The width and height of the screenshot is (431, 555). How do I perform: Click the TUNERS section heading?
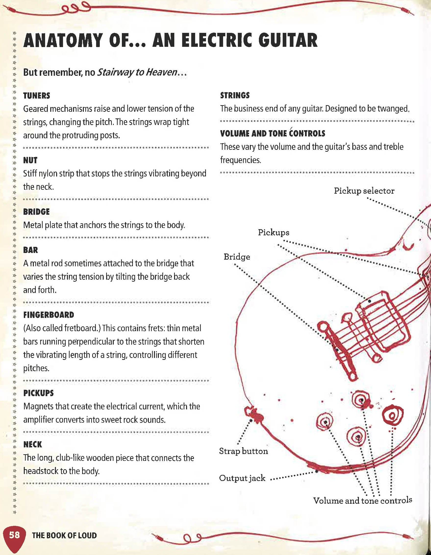(x=37, y=96)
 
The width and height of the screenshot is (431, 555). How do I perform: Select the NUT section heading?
(x=30, y=160)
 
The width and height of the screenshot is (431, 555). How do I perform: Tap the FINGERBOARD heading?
(x=49, y=315)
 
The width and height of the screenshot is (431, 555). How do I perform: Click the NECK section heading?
(x=33, y=444)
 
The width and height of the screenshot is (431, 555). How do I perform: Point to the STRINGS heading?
(x=235, y=96)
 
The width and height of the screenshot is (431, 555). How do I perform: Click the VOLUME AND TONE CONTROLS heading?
(x=272, y=133)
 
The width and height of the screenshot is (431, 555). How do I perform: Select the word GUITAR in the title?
(x=286, y=40)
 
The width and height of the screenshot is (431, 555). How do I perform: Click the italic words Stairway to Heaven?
(x=137, y=73)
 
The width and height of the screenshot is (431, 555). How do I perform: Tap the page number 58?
(x=14, y=535)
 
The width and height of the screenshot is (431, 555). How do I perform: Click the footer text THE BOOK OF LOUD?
(x=64, y=536)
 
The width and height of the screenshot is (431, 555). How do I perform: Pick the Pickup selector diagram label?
(x=364, y=191)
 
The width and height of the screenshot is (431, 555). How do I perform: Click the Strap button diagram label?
(x=243, y=451)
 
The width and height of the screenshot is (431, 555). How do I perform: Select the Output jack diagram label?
(x=242, y=478)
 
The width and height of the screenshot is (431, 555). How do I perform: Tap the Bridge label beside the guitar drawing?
(x=237, y=257)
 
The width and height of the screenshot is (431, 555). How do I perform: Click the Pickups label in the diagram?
(x=273, y=233)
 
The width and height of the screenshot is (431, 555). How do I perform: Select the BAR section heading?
(x=30, y=250)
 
